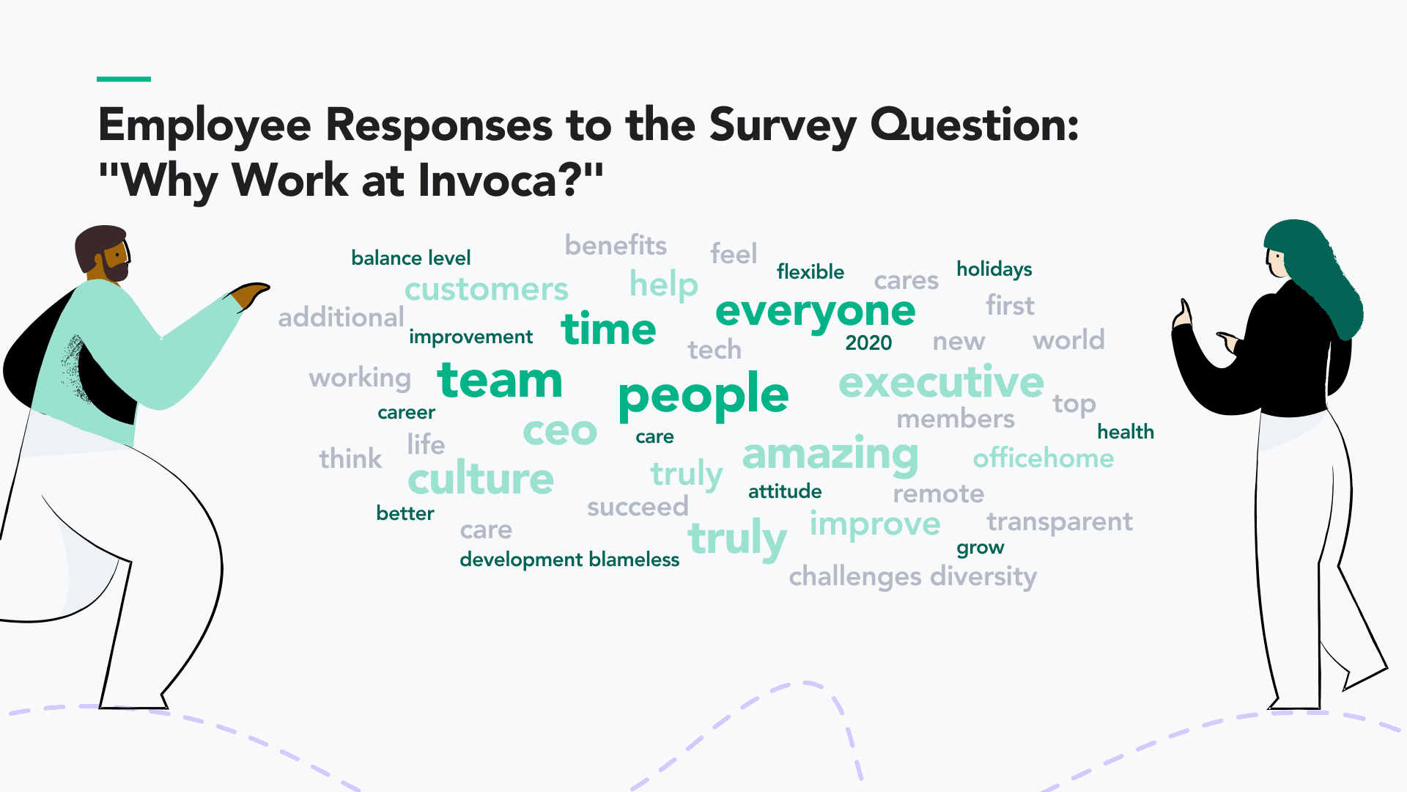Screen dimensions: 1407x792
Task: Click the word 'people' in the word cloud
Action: click(703, 397)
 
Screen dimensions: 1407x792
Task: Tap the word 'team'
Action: click(500, 381)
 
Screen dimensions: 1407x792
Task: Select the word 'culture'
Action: click(481, 478)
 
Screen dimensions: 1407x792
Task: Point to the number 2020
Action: click(868, 342)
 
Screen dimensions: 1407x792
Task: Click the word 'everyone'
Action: click(815, 312)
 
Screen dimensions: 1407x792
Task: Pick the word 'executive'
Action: click(941, 382)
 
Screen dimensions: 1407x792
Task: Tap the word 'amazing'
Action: click(830, 455)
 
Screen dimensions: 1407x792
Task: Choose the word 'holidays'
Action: click(994, 269)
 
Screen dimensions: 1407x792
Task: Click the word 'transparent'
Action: click(1060, 521)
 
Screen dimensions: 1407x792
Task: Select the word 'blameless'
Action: click(634, 560)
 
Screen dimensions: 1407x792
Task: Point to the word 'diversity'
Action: click(983, 576)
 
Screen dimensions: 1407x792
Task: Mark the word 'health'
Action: click(1126, 432)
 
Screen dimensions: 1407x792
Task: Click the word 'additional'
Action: click(341, 318)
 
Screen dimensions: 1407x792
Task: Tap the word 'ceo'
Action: click(560, 431)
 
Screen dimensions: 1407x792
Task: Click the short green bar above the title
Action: click(124, 78)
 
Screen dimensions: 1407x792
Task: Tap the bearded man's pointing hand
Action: click(250, 295)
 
